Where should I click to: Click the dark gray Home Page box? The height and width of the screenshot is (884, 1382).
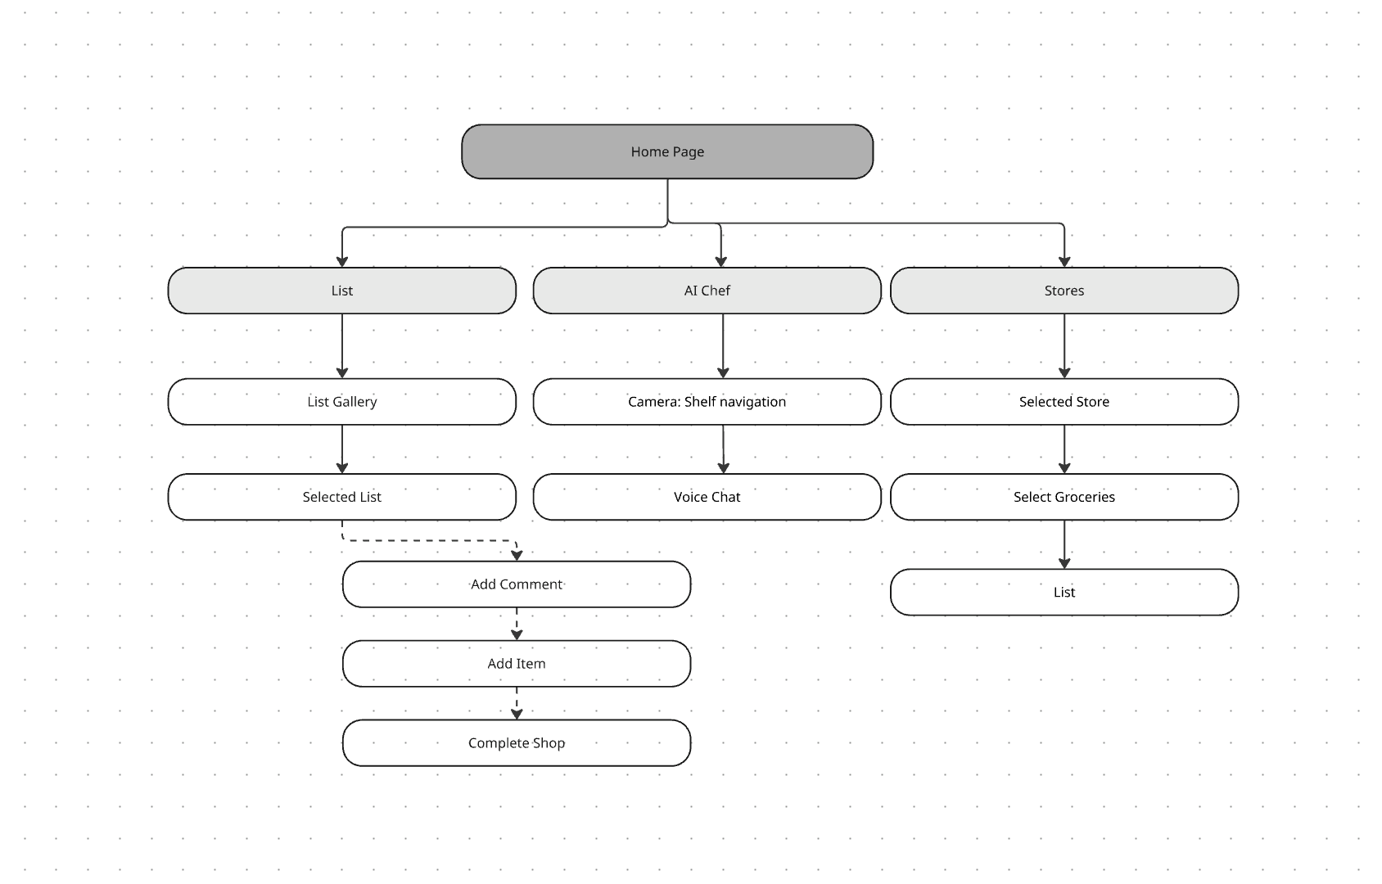pos(667,151)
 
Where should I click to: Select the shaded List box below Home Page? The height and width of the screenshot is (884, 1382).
pos(341,291)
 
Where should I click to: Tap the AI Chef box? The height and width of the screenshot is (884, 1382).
pos(707,291)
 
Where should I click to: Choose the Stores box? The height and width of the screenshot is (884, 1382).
pos(1064,291)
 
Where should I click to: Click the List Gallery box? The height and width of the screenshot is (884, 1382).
pos(341,402)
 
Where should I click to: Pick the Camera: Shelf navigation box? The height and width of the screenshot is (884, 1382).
pos(707,402)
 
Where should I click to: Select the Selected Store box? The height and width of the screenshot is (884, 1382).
pos(1064,402)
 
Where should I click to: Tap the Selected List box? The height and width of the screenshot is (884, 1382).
pos(341,497)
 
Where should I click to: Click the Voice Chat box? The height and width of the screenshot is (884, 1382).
pos(707,497)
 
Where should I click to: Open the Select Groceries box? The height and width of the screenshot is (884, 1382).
pos(1064,497)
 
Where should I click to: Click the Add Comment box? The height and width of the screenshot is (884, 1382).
pos(516,584)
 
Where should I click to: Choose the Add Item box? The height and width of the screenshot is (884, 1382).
pos(516,664)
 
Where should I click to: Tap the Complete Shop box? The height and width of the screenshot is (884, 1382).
pos(516,743)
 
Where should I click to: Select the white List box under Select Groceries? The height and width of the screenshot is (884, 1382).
pos(1064,592)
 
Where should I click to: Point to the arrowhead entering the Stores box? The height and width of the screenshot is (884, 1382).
pos(1064,262)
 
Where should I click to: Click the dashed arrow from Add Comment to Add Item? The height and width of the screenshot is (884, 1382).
pos(517,624)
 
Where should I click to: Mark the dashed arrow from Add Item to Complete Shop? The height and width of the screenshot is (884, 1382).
pos(517,703)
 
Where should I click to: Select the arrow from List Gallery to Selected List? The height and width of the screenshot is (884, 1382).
pos(342,449)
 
